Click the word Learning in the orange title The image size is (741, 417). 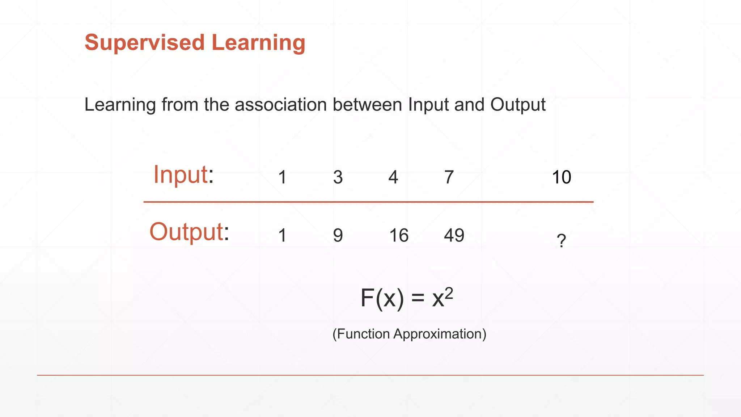click(x=258, y=43)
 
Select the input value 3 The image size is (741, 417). click(x=338, y=177)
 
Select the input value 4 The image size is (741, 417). click(x=393, y=177)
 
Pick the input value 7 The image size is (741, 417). click(x=449, y=177)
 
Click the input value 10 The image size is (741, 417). click(x=561, y=177)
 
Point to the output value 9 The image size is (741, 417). click(x=338, y=235)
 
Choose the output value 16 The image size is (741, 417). click(x=399, y=235)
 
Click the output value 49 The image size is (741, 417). click(x=454, y=235)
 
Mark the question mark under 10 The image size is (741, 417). click(x=561, y=241)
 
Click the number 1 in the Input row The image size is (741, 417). click(x=283, y=177)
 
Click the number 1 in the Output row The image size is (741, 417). click(x=283, y=235)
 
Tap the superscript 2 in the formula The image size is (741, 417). click(x=449, y=293)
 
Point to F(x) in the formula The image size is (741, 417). click(x=382, y=299)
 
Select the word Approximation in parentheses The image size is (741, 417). click(x=440, y=334)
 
